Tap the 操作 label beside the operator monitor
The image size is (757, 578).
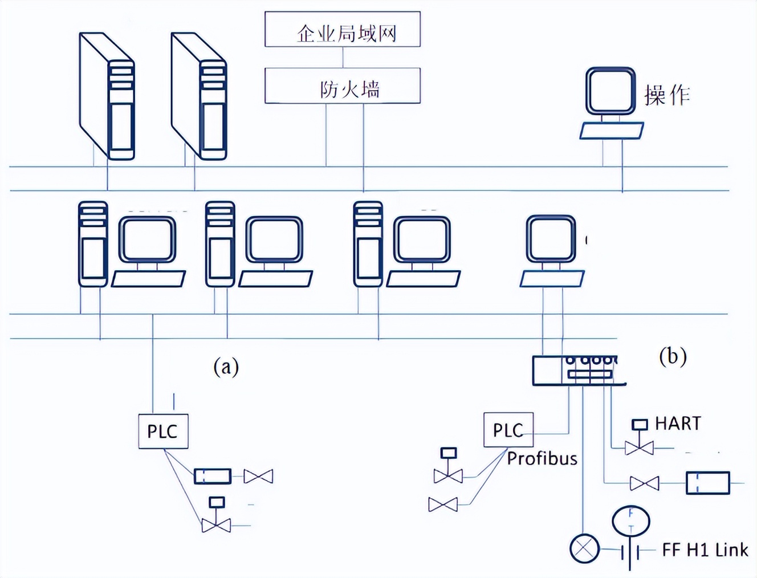click(667, 95)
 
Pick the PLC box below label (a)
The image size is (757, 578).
click(163, 432)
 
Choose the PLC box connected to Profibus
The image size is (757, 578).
click(508, 430)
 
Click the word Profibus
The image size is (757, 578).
click(542, 459)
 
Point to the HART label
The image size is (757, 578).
click(678, 424)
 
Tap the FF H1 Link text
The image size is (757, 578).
click(705, 550)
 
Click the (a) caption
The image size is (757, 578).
click(226, 366)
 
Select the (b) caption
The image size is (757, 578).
click(673, 356)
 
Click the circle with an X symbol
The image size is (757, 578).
click(584, 549)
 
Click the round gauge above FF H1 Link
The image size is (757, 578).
click(631, 520)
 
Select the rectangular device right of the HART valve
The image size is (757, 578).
click(707, 483)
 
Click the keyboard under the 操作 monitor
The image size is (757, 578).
click(612, 131)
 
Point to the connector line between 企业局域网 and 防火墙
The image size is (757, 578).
click(343, 58)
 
